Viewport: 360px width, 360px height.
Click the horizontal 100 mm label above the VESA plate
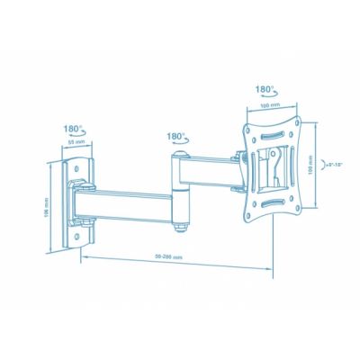tap(266, 105)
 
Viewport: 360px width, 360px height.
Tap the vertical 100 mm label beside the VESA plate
tap(310, 167)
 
